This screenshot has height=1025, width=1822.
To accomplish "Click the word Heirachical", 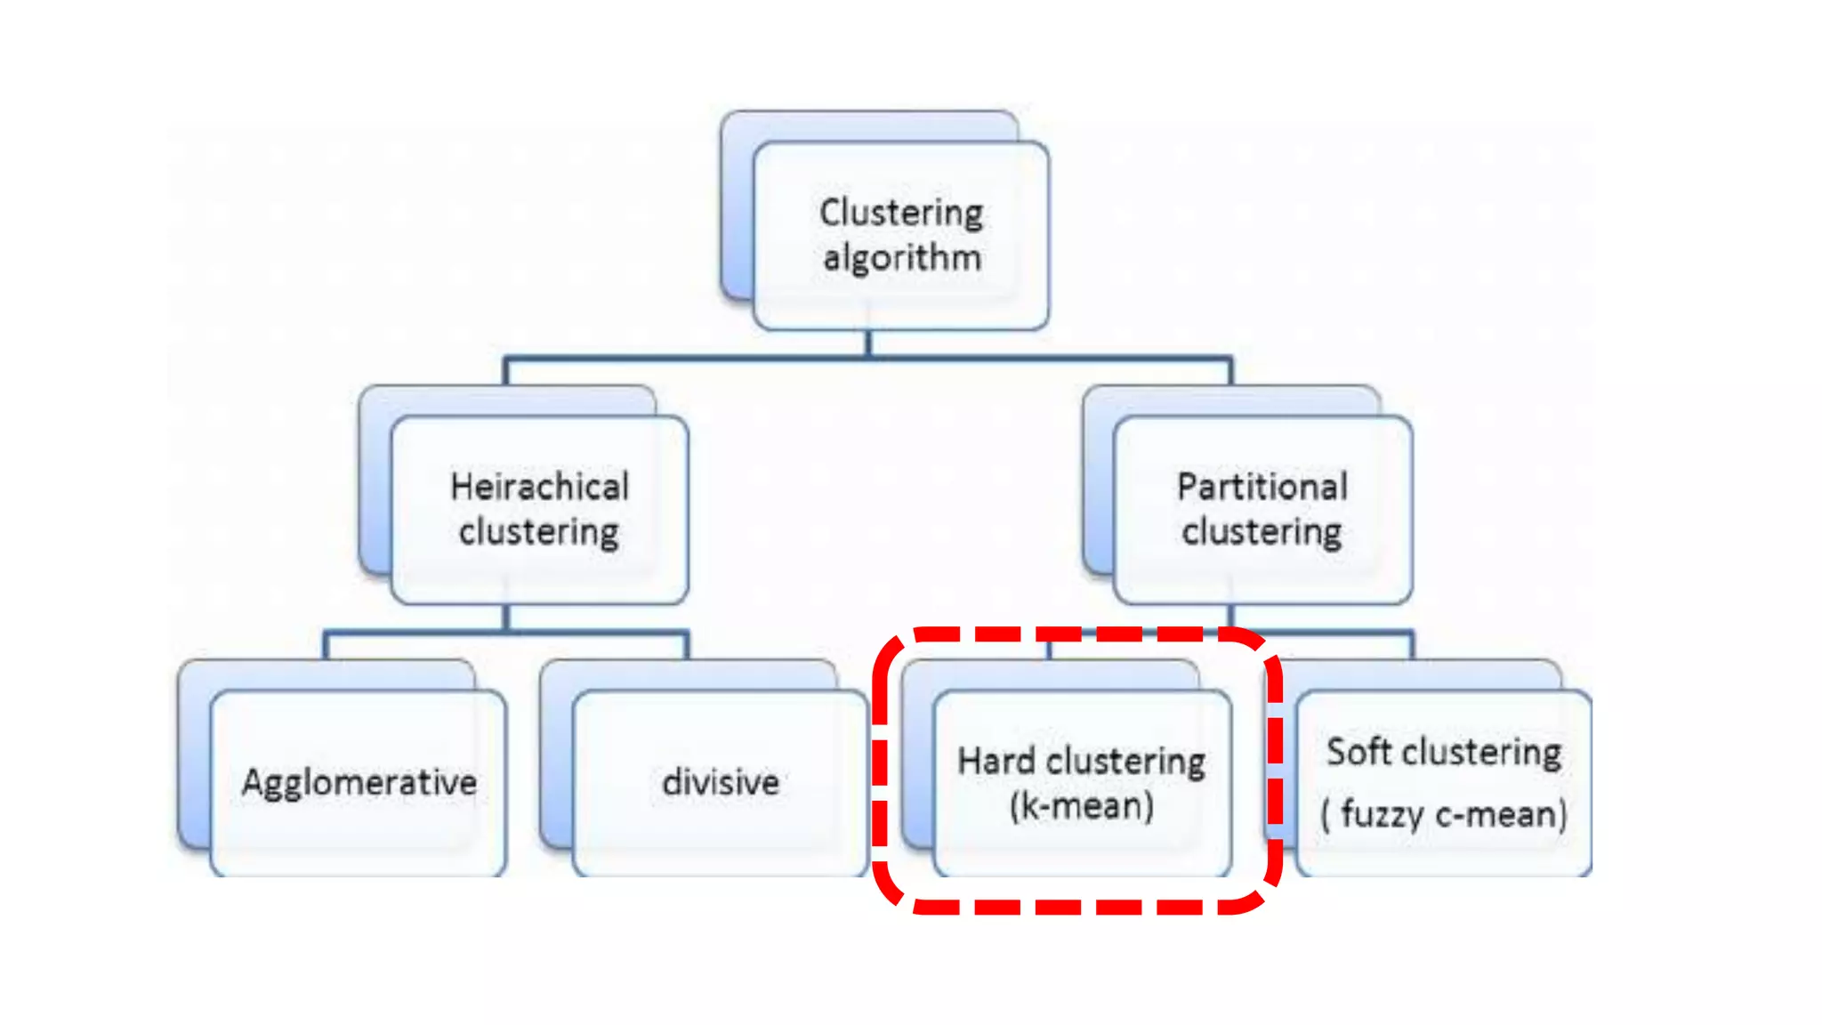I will (x=539, y=487).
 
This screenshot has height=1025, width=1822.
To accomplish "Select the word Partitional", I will (x=1262, y=487).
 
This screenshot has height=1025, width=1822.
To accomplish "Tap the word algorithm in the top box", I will (x=901, y=258).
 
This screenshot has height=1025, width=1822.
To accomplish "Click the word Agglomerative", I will (x=359, y=783).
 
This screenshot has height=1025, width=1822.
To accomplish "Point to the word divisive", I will (x=721, y=783).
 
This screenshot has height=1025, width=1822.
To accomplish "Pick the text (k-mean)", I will (x=1081, y=806).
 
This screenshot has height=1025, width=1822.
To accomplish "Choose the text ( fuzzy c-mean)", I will (x=1443, y=813).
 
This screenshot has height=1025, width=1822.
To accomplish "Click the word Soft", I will (x=1358, y=752).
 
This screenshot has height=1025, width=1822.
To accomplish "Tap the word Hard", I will (x=996, y=762).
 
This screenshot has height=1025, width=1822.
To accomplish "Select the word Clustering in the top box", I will (x=901, y=213).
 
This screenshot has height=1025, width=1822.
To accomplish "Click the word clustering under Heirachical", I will (x=539, y=532).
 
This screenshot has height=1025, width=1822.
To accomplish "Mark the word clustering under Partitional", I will (x=1262, y=532).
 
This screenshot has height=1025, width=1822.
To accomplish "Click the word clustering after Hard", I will (x=1125, y=762).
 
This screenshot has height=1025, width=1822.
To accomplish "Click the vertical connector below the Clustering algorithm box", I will (x=868, y=343).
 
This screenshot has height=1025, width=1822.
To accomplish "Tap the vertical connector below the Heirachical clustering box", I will (x=505, y=617).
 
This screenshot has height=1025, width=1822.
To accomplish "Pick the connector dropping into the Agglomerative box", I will (x=326, y=647).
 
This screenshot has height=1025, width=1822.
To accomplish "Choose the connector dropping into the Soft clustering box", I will (x=1412, y=647).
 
